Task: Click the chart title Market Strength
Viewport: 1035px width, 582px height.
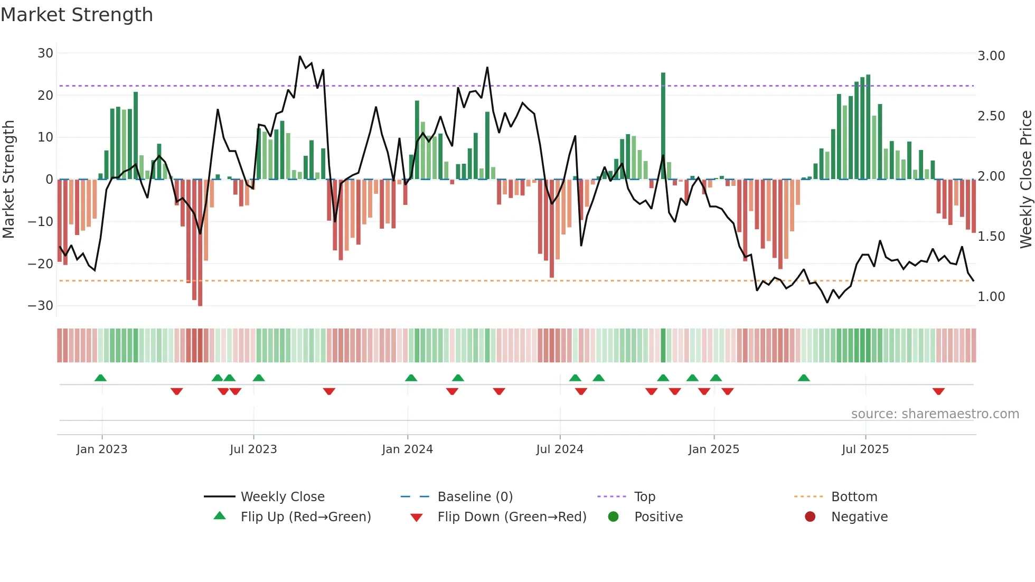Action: pos(77,15)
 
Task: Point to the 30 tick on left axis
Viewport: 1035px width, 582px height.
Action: pos(45,53)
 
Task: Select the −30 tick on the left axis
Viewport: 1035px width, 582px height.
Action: pos(41,306)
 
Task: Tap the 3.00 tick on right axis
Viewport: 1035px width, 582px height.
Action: pos(991,56)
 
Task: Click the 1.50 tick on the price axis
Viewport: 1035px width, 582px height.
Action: pos(991,237)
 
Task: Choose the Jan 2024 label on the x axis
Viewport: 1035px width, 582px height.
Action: pos(407,449)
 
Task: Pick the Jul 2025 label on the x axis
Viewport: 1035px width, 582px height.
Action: pos(865,449)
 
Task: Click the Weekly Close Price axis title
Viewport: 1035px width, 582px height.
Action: pos(1026,180)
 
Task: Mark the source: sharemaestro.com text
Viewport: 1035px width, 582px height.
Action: pos(935,414)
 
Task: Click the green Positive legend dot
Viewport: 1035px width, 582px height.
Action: pos(613,517)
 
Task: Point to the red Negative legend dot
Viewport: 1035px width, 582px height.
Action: pos(810,517)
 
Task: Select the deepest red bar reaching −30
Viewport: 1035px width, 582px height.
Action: pos(200,243)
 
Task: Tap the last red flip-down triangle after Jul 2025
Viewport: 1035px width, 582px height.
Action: pos(938,391)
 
